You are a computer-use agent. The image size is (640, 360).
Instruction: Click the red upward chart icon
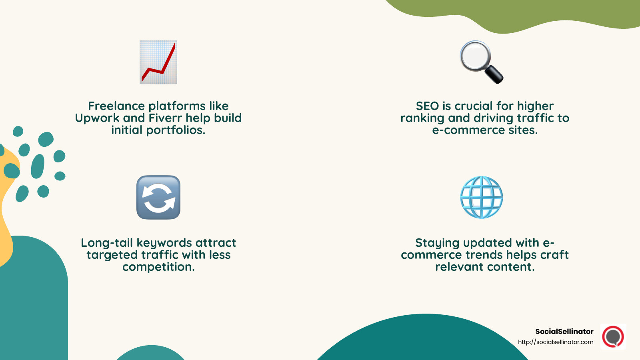158,62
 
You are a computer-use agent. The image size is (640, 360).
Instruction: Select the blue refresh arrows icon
158,197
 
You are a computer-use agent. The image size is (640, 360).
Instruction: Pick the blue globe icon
482,197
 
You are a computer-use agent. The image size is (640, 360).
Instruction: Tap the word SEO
427,106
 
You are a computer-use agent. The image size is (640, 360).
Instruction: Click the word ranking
422,118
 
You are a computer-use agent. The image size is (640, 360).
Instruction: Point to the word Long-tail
107,243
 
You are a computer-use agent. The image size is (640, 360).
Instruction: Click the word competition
158,267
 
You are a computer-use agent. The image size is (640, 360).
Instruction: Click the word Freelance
116,106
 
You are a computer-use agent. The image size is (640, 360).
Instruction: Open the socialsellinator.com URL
556,342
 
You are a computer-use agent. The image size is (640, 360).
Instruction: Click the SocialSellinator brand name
564,332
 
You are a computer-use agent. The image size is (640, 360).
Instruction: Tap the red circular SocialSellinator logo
613,337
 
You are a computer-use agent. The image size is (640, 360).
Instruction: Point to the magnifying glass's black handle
494,75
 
